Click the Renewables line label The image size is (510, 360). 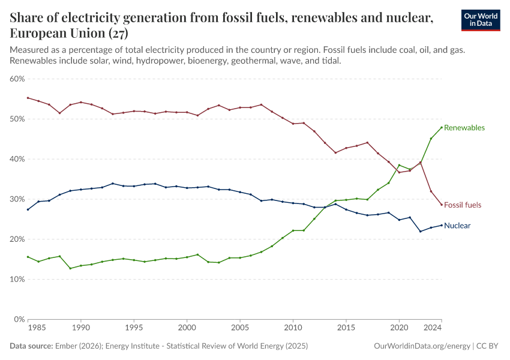click(464, 128)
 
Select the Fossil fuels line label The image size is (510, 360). click(462, 205)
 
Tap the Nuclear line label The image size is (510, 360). click(457, 226)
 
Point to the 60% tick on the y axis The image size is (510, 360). click(17, 79)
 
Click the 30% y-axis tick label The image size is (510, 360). click(17, 199)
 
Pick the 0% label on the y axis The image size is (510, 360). click(19, 319)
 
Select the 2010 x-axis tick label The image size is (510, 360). click(293, 328)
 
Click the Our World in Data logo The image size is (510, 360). click(480, 20)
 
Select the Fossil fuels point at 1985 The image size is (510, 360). click(28, 98)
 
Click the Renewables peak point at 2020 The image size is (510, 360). click(399, 165)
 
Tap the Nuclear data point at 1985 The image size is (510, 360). click(28, 209)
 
